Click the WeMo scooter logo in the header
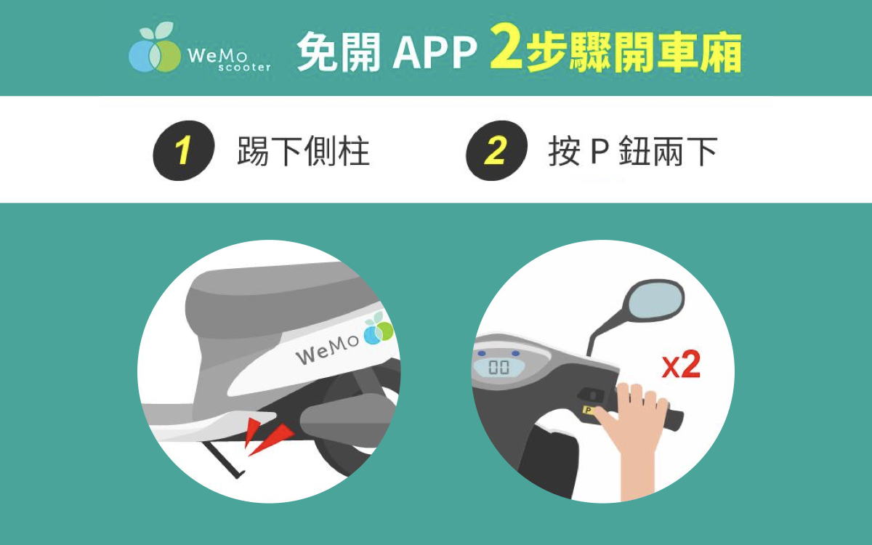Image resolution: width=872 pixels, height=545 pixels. coord(199,47)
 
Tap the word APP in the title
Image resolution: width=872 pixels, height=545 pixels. coord(435,52)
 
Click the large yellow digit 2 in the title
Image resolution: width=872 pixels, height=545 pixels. coord(506,47)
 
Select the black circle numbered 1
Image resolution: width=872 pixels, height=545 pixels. coord(184,150)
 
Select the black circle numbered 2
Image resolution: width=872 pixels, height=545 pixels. coord(497,150)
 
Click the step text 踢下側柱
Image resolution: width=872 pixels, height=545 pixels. coord(303,151)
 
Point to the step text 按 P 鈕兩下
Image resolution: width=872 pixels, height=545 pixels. coord(633,151)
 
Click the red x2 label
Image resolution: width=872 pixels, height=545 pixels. coord(682,365)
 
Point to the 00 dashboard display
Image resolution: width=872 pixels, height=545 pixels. coord(498,367)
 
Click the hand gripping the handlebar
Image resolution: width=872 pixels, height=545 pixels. coord(634,436)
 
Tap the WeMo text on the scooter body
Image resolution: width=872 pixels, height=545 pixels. coord(327,348)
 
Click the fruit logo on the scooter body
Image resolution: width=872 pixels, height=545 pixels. coord(379,329)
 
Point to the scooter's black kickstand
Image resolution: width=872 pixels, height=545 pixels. coord(224,458)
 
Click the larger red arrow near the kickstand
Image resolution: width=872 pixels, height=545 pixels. coord(272,439)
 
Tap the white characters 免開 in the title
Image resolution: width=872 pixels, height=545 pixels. coord(339,52)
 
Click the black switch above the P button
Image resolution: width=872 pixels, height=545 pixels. coord(590,395)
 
